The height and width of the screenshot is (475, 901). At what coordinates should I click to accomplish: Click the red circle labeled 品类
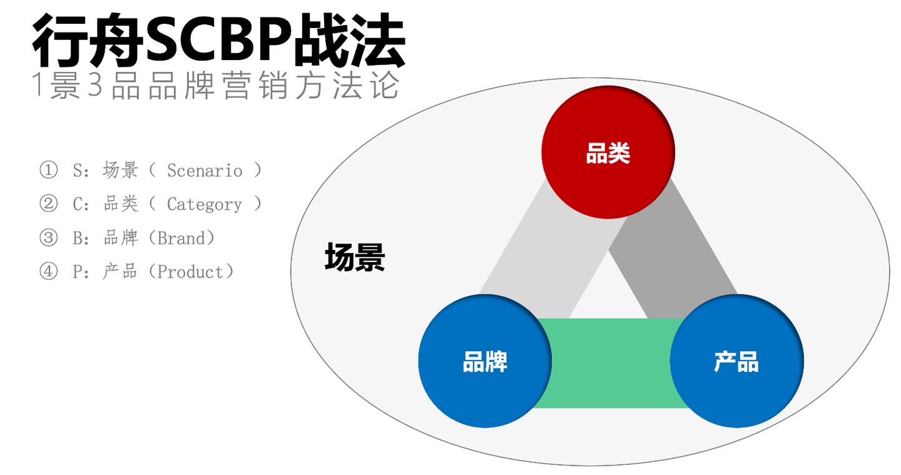[608, 152]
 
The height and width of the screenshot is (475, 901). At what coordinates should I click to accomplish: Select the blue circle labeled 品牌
[485, 361]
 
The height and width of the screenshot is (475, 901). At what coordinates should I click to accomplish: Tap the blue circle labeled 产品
[736, 361]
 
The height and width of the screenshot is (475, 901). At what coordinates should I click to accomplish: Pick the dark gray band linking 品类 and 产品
[676, 250]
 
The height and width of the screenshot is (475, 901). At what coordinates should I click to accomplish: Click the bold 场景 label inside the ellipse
[355, 257]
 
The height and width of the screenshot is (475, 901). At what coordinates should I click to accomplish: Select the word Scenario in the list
[205, 171]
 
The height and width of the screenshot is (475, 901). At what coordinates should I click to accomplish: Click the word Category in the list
[205, 204]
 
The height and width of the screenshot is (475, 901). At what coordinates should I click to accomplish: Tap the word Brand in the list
[181, 238]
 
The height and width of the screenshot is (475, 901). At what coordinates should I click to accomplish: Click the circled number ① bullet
[48, 170]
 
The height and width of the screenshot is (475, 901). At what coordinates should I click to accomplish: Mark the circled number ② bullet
[48, 204]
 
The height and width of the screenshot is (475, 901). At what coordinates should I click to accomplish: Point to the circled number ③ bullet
[48, 238]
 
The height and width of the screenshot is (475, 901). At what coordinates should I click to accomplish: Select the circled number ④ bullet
[48, 272]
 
